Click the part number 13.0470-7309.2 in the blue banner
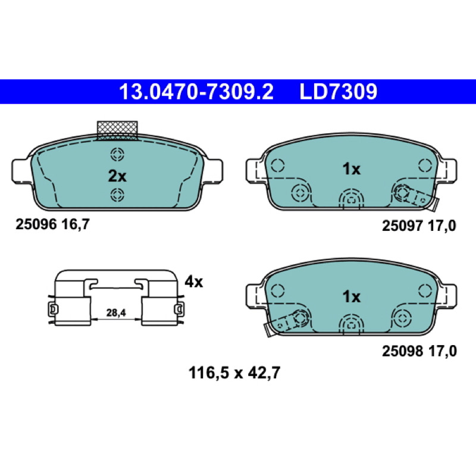(x=196, y=92)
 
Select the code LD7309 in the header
(x=339, y=92)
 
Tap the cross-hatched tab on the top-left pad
(x=117, y=130)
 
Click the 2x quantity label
(x=117, y=176)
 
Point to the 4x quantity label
(x=194, y=282)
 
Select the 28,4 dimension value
(x=116, y=312)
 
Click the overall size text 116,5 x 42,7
(x=234, y=373)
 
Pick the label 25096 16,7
(x=52, y=225)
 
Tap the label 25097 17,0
(x=419, y=226)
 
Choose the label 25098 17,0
(x=419, y=351)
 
